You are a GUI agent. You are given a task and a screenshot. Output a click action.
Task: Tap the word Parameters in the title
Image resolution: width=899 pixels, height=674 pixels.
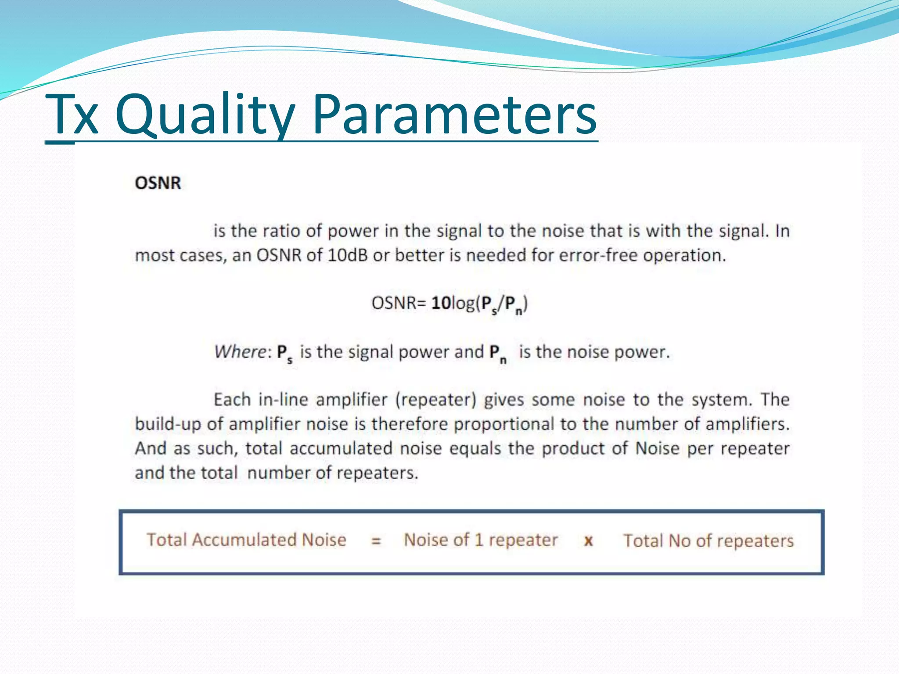[x=454, y=115]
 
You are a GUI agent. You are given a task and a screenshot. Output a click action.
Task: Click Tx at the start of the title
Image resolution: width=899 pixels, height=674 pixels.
[x=72, y=115]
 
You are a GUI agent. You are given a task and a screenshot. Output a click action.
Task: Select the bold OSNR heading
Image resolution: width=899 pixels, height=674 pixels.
[x=158, y=183]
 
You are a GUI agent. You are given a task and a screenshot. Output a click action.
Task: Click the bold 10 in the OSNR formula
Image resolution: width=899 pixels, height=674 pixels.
[x=441, y=303]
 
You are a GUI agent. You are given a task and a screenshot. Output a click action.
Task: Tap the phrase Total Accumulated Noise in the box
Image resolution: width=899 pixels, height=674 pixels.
[x=246, y=540]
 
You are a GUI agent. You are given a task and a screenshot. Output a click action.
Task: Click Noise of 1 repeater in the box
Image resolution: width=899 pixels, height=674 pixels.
[x=481, y=540]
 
